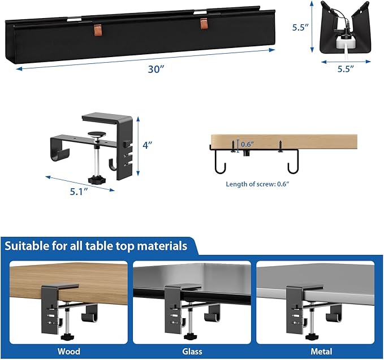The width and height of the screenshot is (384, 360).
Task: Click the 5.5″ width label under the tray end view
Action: coord(346,69)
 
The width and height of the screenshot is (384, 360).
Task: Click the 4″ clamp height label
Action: coord(148,145)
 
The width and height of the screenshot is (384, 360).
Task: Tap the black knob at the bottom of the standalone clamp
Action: coord(102,180)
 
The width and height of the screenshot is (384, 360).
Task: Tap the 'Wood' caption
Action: coord(68,352)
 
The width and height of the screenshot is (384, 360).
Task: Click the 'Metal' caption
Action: coord(315,352)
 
